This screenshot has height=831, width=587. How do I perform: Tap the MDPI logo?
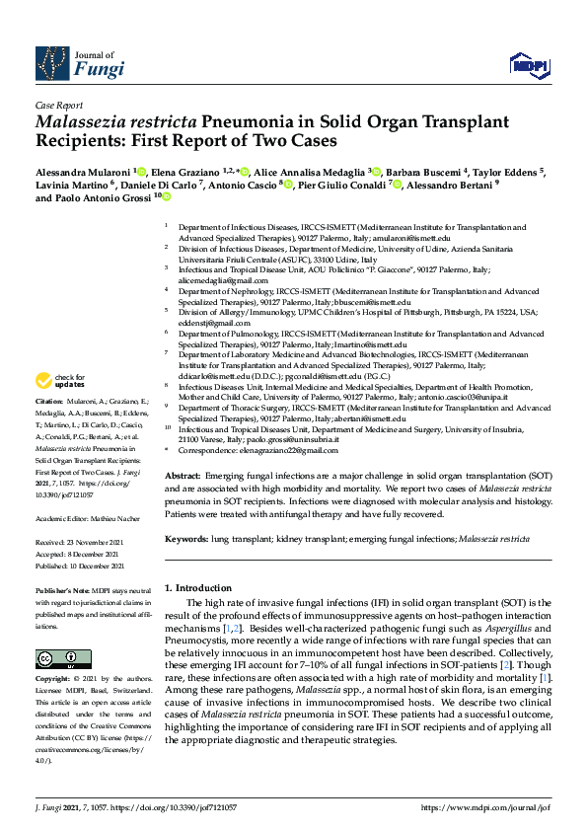(528, 65)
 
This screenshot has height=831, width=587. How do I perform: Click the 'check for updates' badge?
(58, 380)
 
